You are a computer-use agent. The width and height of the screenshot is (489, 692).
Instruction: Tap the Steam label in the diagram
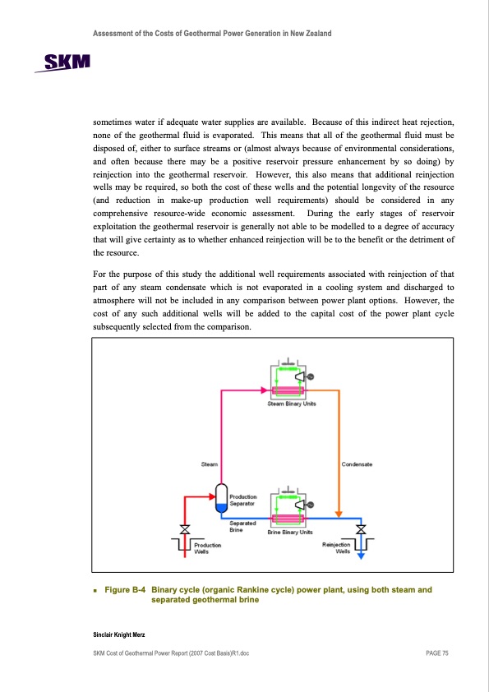point(210,464)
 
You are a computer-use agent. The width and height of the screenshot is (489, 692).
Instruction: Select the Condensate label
point(357,464)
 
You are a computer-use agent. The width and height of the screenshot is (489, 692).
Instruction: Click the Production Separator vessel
point(221,498)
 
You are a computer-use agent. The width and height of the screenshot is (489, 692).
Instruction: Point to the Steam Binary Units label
point(292,404)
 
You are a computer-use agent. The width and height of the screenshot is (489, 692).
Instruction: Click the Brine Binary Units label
point(290,533)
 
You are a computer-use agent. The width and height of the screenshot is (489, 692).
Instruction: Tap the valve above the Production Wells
point(185,529)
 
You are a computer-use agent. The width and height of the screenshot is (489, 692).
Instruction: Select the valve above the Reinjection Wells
point(361,529)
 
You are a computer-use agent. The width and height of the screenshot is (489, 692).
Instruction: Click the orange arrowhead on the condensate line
point(339,514)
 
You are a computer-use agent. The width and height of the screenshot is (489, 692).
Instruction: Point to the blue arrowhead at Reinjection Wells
point(361,556)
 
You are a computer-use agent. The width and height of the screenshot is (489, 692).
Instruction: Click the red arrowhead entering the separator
point(212,497)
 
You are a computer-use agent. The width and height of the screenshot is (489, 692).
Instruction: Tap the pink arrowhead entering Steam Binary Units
point(264,390)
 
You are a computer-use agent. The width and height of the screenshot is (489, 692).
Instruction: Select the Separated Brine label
point(242,527)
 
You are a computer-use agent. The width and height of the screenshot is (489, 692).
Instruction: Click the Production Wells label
point(207,548)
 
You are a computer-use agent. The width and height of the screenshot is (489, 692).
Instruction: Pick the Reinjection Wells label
point(336,547)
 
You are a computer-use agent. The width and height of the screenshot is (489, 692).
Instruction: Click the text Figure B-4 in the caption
point(125,590)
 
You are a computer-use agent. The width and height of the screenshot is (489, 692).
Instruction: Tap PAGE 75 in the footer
point(437,653)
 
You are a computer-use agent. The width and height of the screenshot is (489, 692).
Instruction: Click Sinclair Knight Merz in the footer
point(118,634)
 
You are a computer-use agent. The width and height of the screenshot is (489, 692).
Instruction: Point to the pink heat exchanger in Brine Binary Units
point(288,519)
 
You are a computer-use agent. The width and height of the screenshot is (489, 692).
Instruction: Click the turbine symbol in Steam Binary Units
point(300,377)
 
